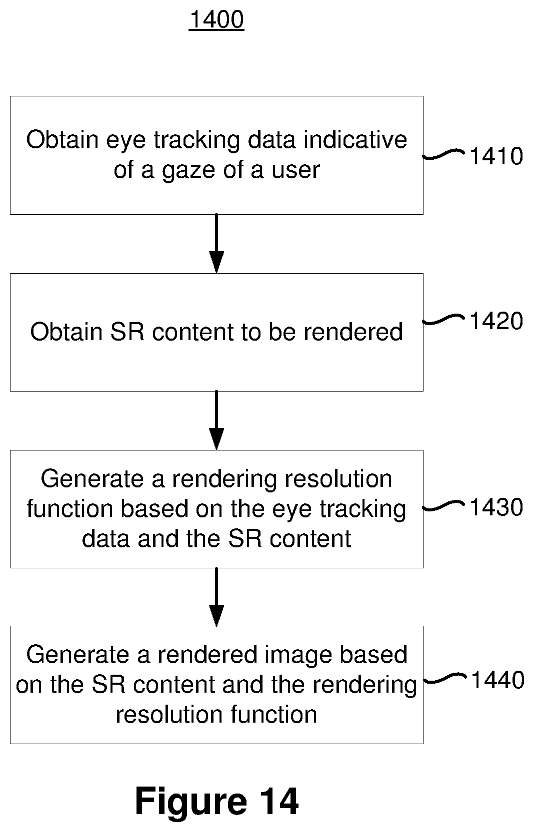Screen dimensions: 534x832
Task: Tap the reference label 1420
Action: click(x=496, y=321)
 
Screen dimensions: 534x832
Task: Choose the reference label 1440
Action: click(x=498, y=680)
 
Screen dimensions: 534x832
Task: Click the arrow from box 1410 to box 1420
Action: click(x=216, y=244)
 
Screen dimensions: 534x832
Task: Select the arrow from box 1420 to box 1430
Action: click(x=216, y=420)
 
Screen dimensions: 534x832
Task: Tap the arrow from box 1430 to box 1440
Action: click(x=216, y=597)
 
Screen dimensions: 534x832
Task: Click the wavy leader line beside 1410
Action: click(x=443, y=154)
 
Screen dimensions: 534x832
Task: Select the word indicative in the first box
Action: click(x=355, y=140)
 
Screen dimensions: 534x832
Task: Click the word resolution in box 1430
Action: click(x=338, y=478)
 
